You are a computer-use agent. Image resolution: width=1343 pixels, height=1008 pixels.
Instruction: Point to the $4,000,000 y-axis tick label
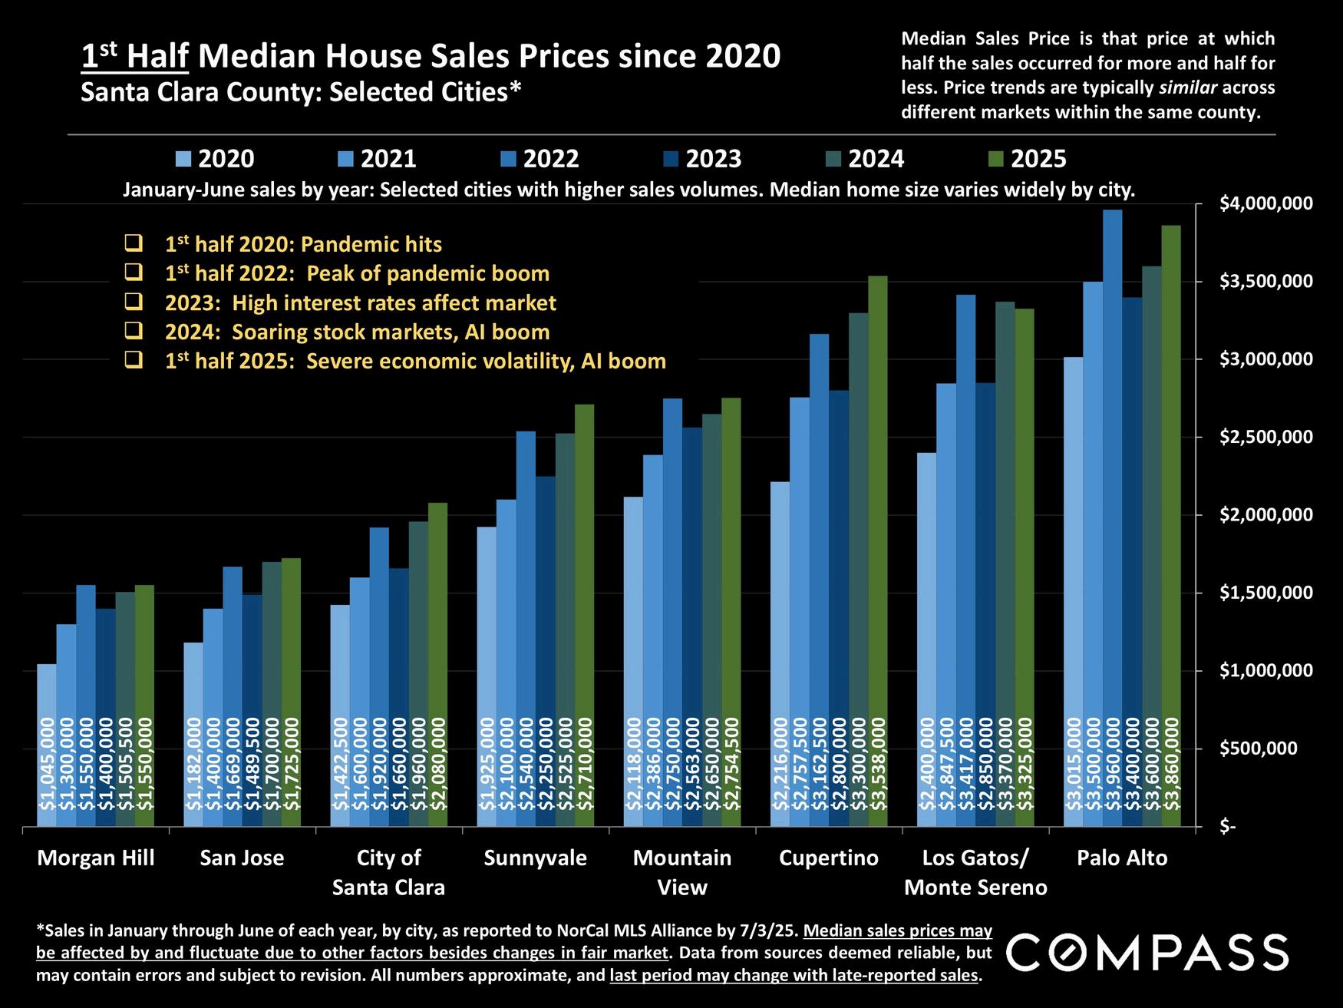click(x=1265, y=204)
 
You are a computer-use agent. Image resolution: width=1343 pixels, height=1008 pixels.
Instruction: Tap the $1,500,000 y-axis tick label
click(x=1265, y=593)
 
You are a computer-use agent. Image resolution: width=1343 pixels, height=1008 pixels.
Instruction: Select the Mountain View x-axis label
click(x=682, y=872)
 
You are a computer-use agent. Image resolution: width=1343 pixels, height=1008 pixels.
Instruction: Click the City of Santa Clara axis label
click(x=388, y=872)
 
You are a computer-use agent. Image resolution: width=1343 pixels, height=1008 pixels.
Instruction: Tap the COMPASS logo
click(x=1147, y=953)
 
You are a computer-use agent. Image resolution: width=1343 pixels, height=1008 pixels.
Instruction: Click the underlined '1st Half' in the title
click(x=135, y=57)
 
